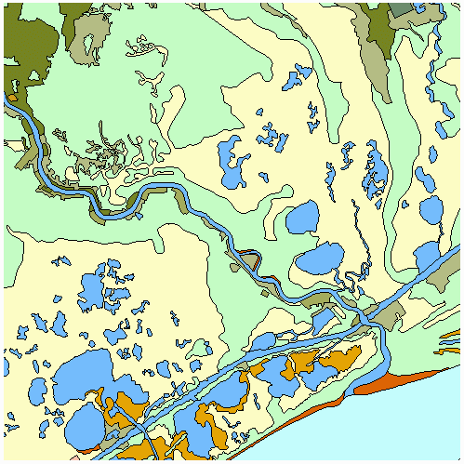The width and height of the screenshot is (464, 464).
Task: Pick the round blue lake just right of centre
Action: pyautogui.click(x=302, y=219)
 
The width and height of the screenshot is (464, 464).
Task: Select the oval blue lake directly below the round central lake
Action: pyautogui.click(x=319, y=260)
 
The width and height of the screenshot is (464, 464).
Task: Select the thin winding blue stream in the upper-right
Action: pyautogui.click(x=360, y=232)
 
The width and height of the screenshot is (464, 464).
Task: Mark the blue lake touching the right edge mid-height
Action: pyautogui.click(x=430, y=256)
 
